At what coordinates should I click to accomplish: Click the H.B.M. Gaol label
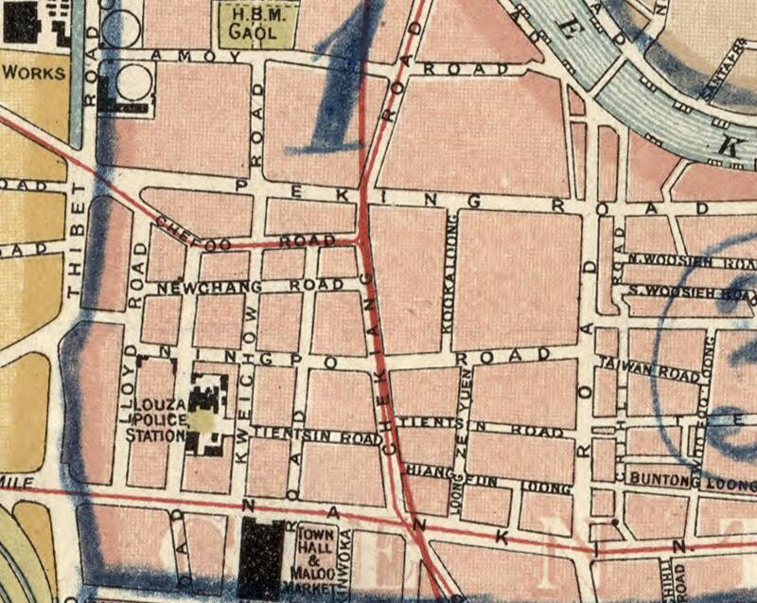pos(255,25)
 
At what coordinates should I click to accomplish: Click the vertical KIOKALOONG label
pos(450,275)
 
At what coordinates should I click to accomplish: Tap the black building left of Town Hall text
pos(261,559)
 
